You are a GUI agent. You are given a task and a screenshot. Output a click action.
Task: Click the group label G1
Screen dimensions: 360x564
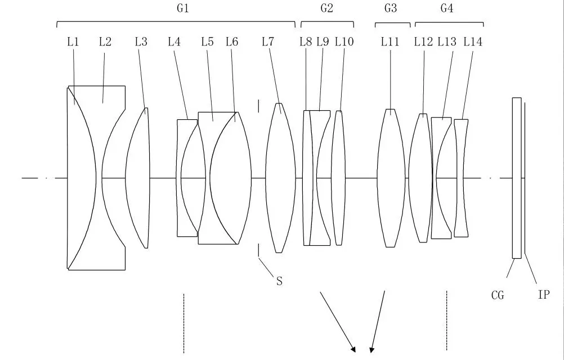183,8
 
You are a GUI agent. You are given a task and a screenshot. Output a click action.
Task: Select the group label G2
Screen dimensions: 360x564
326,8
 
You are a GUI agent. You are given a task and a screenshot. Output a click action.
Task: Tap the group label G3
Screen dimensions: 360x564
391,8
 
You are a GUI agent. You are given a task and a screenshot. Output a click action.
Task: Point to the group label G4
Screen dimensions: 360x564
447,8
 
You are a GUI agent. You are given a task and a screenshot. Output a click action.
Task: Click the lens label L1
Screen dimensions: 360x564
73,41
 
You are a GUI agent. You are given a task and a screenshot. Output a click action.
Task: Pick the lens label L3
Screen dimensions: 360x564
141,41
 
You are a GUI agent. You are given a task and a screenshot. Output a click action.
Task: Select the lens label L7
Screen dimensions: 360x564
268,41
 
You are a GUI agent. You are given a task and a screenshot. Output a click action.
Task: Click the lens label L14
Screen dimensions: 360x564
473,41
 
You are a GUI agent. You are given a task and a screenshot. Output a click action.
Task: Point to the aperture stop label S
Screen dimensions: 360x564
279,281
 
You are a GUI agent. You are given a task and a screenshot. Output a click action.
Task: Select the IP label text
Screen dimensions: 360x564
543,294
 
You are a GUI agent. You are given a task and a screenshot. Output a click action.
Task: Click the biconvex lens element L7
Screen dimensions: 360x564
280,178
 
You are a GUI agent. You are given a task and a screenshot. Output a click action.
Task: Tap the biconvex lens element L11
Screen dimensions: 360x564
391,178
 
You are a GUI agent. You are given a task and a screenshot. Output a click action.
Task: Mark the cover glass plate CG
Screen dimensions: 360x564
517,178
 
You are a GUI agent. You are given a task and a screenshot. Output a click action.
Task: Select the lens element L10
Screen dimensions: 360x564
338,178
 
